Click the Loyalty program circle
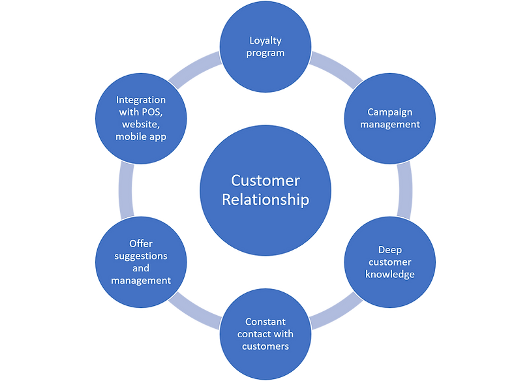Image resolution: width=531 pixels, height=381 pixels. (x=265, y=46)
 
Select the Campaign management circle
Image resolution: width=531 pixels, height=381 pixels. (x=389, y=118)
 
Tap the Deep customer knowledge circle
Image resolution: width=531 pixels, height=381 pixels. (x=389, y=262)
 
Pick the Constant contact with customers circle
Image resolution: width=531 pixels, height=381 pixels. (x=265, y=333)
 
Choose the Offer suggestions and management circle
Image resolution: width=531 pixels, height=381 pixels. (x=141, y=262)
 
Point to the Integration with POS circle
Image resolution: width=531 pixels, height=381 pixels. (x=141, y=118)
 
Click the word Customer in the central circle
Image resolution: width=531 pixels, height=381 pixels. (x=265, y=180)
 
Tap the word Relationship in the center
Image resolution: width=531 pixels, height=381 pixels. (x=265, y=200)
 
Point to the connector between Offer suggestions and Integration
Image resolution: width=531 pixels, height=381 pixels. (x=125, y=190)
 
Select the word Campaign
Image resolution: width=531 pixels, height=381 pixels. (x=389, y=112)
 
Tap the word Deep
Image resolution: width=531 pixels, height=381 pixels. (x=390, y=250)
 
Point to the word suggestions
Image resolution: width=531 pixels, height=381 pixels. (x=141, y=256)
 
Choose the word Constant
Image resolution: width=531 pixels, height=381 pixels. (x=265, y=322)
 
